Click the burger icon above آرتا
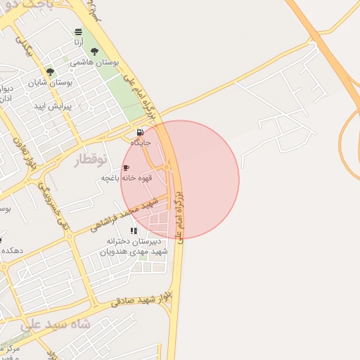click(x=77, y=32)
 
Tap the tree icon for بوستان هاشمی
click(x=94, y=51)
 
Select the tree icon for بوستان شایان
click(x=50, y=72)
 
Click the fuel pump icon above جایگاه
click(x=140, y=132)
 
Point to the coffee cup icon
click(x=126, y=168)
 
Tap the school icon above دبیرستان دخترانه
click(x=134, y=231)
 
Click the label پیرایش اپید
click(x=49, y=105)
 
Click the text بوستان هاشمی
click(x=92, y=62)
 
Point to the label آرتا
click(x=77, y=42)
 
